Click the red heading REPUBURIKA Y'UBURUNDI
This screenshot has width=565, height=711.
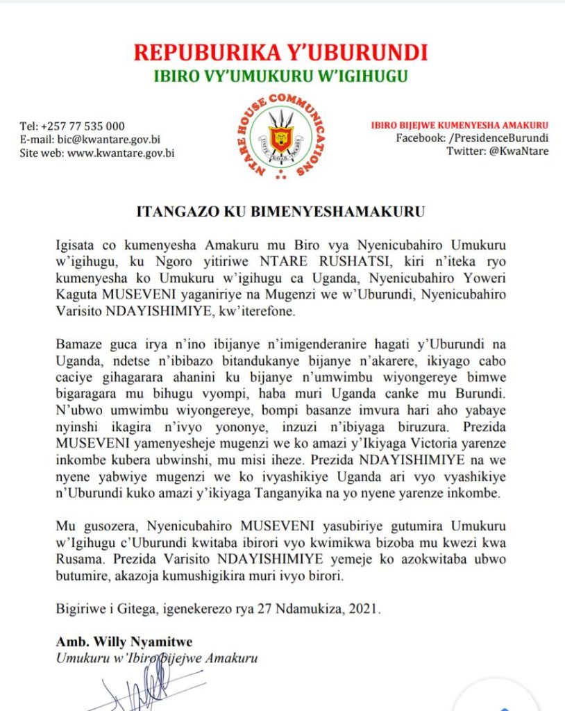click(x=280, y=52)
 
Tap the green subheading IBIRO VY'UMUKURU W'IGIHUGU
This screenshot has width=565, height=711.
click(x=280, y=76)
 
